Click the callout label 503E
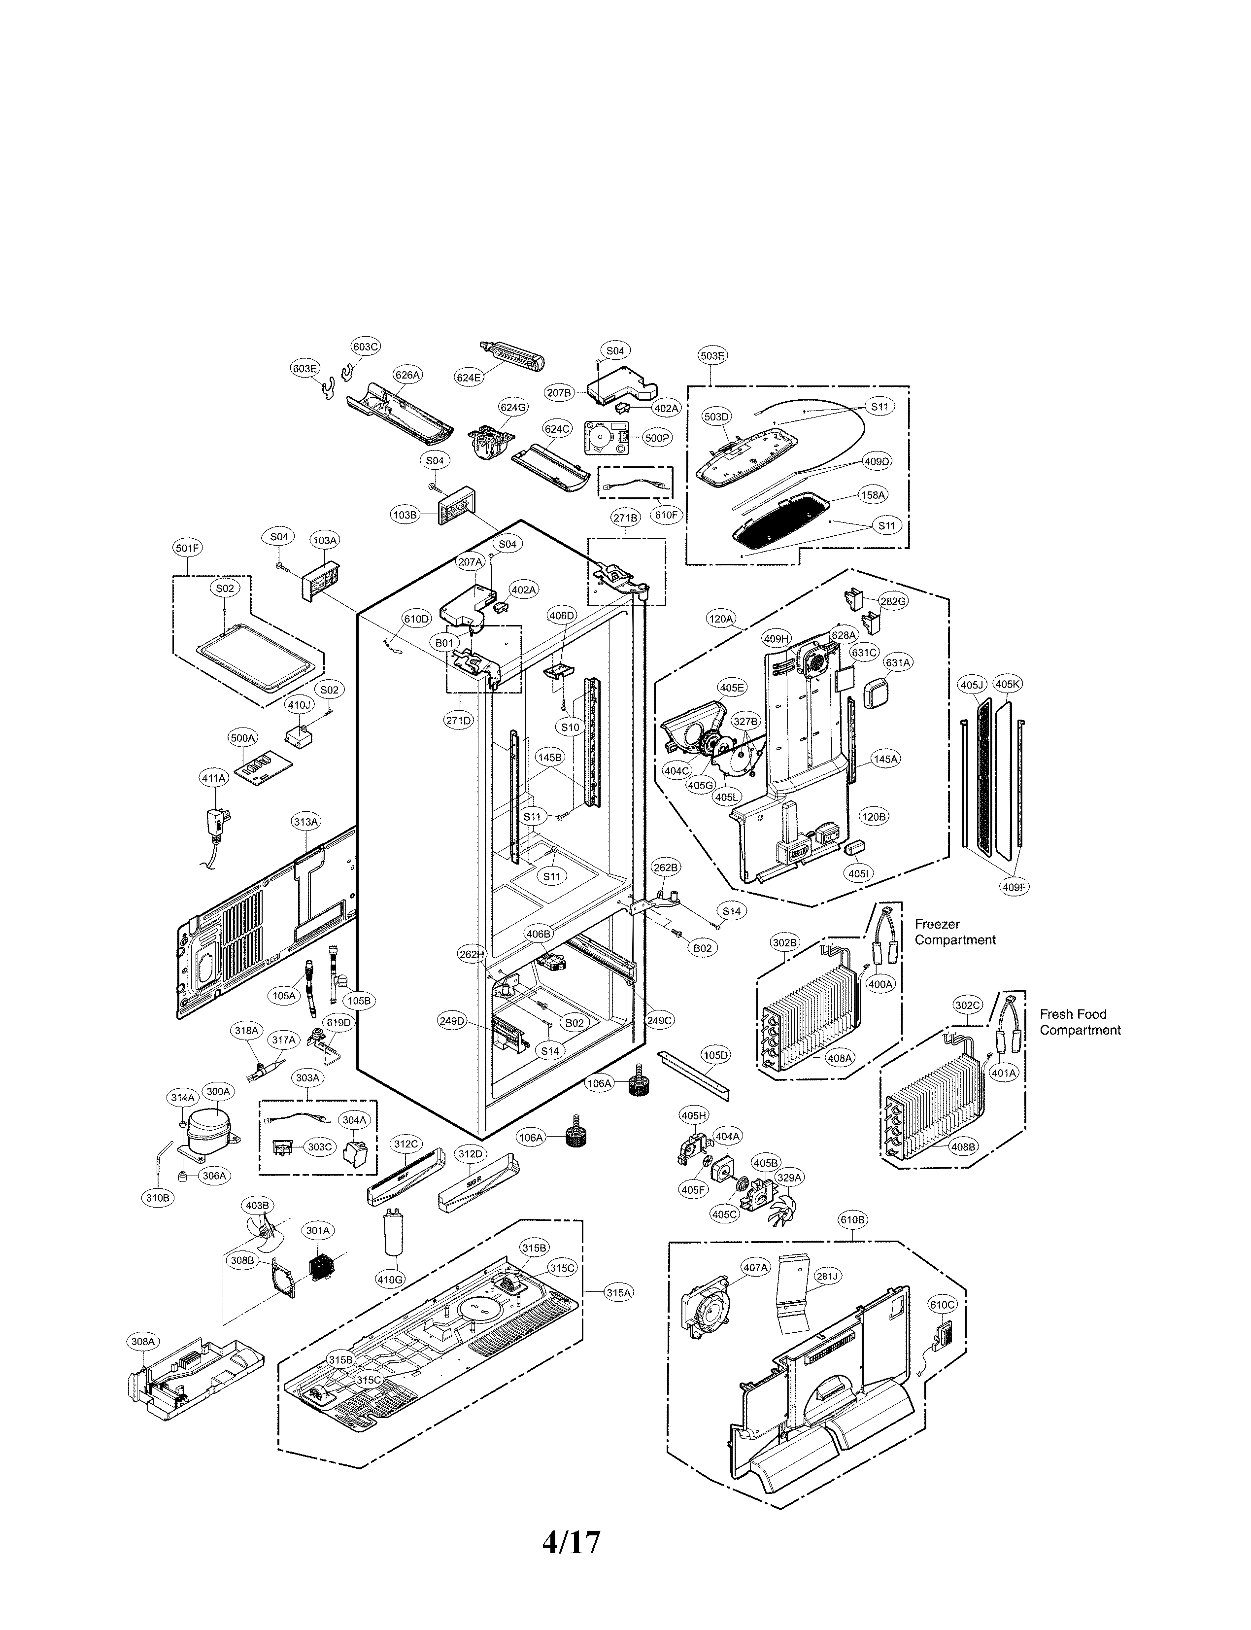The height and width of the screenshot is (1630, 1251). pos(712,356)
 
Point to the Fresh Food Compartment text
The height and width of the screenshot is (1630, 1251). pos(1080,1022)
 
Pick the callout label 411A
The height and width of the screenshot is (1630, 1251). pos(213,778)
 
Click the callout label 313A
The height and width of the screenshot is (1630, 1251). pos(306,822)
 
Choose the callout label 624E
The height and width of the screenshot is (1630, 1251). pos(469,378)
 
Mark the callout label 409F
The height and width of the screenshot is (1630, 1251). pos(1014,887)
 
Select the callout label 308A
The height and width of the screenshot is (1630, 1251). pos(142,1342)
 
